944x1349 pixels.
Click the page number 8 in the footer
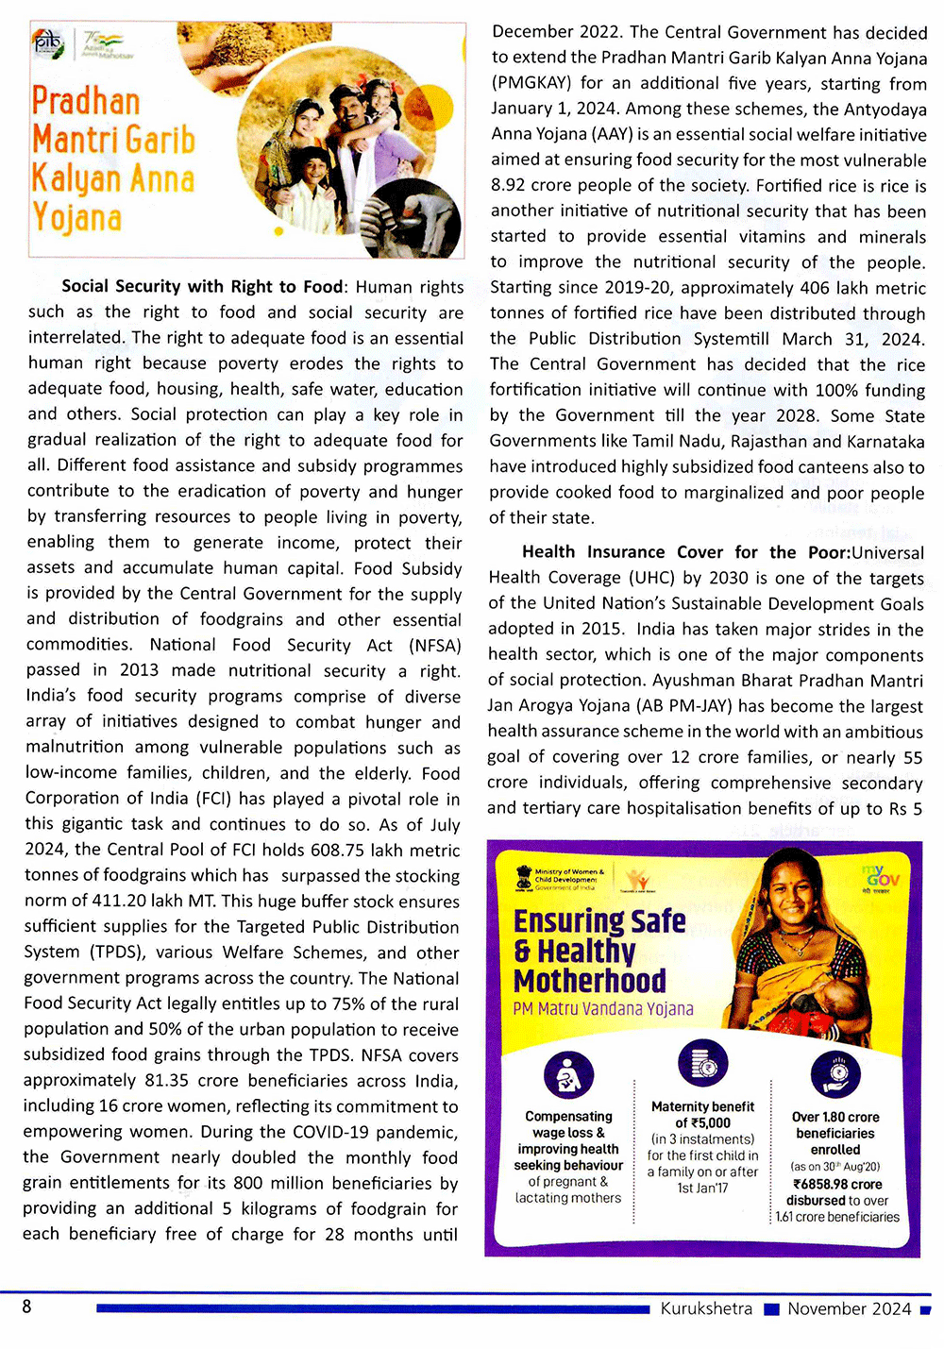click(26, 1307)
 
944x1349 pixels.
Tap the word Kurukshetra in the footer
click(706, 1308)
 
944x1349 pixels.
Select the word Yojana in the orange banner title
click(76, 218)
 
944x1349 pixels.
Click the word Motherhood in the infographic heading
click(590, 980)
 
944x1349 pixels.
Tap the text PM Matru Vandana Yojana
click(603, 1008)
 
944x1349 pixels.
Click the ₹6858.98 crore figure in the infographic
click(837, 1184)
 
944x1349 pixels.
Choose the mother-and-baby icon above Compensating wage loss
click(568, 1075)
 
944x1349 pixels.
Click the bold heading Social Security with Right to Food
click(202, 286)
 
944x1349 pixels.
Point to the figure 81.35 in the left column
click(169, 1080)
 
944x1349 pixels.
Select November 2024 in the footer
click(850, 1308)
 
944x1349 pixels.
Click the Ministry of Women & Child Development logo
click(560, 880)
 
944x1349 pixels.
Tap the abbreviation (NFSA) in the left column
click(435, 645)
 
